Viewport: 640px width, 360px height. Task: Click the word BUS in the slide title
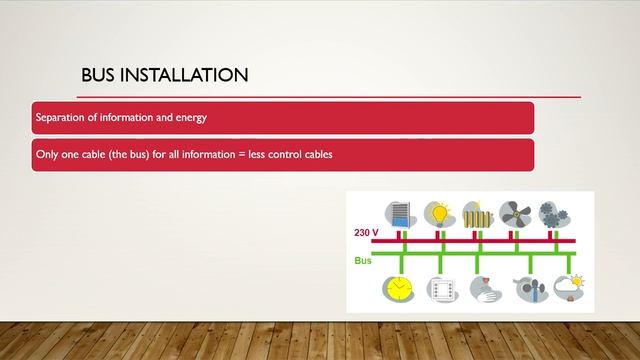101,75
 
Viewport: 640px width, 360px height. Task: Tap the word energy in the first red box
189,118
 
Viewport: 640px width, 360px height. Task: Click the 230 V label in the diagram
366,232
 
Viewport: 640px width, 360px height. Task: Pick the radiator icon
477,213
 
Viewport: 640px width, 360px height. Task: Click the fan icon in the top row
515,213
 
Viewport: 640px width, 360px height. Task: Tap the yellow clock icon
398,289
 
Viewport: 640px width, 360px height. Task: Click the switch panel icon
441,289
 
